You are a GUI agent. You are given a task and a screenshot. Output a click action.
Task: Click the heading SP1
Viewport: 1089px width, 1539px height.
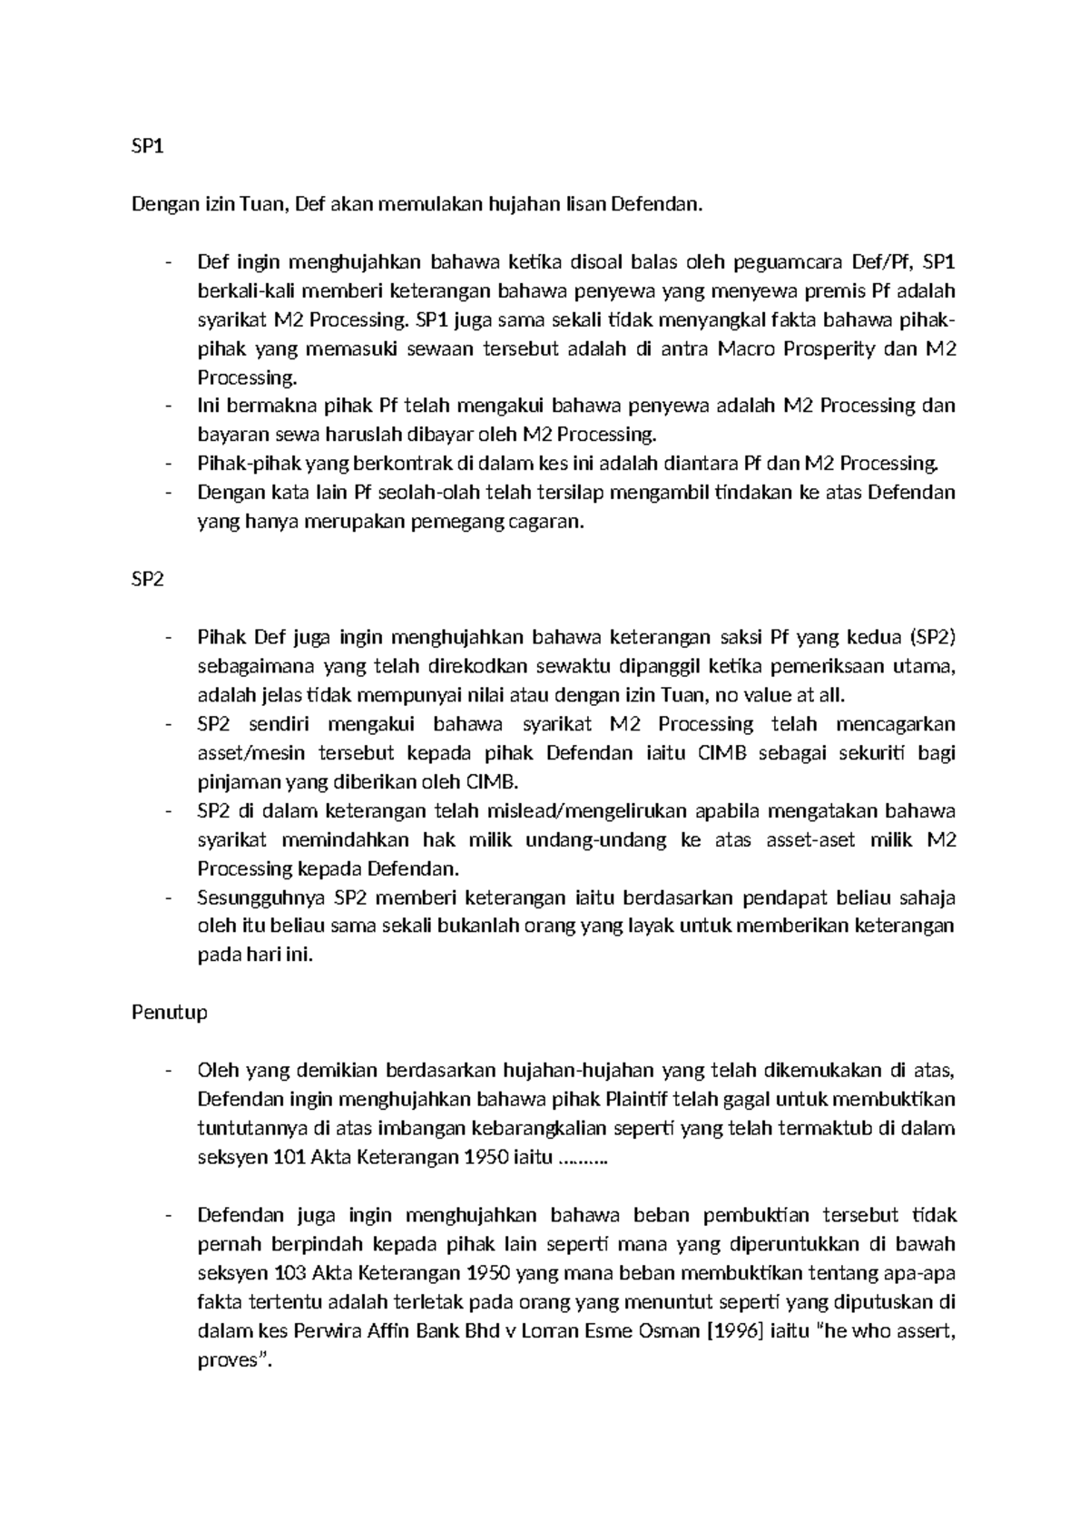pos(147,147)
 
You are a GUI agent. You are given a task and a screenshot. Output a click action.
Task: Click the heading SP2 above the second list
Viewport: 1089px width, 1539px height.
pos(147,580)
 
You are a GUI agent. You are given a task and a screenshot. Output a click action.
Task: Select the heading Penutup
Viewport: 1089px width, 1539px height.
pos(170,1012)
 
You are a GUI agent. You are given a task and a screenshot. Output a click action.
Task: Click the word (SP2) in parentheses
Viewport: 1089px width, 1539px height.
pos(931,638)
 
